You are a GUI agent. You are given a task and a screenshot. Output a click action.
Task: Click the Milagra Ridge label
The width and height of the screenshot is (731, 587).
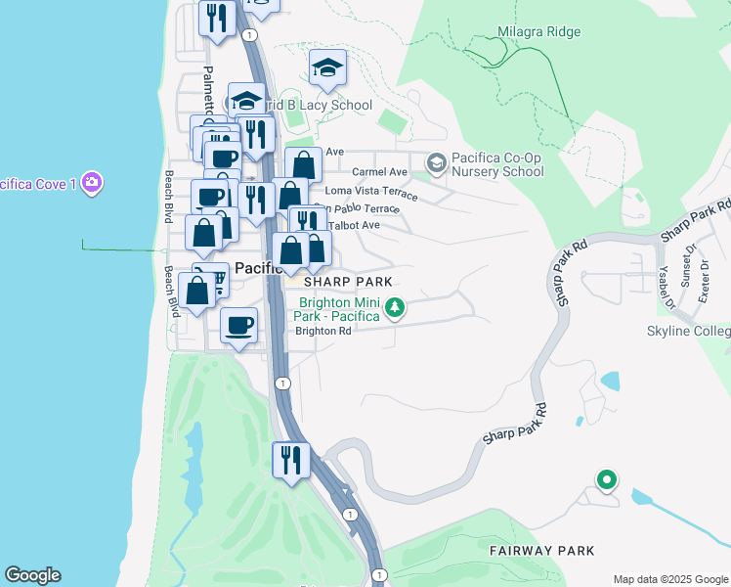[x=538, y=32]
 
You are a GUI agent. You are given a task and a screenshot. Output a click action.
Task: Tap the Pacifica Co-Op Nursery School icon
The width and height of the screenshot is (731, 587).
[x=436, y=162]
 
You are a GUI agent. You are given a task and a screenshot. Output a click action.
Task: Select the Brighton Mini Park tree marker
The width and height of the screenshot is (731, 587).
[x=395, y=309]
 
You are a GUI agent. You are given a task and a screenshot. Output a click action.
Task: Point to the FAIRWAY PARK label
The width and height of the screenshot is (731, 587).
[x=542, y=552]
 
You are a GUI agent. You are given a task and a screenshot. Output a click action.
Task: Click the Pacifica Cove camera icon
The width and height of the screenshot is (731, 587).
[x=92, y=182]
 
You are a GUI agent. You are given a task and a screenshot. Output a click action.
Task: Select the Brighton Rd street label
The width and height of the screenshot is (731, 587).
[x=323, y=332]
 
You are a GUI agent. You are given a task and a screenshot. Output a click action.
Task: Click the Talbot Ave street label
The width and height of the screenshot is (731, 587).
[x=354, y=226]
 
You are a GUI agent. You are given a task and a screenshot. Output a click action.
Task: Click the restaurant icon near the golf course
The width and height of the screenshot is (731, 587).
[x=290, y=459]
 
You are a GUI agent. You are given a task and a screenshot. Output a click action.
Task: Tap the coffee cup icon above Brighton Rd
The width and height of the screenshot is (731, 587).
[x=238, y=325]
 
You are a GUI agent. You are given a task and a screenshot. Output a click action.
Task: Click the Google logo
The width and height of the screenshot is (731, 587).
[x=32, y=575]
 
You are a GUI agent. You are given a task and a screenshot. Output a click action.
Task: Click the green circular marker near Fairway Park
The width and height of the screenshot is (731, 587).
[x=607, y=479]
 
